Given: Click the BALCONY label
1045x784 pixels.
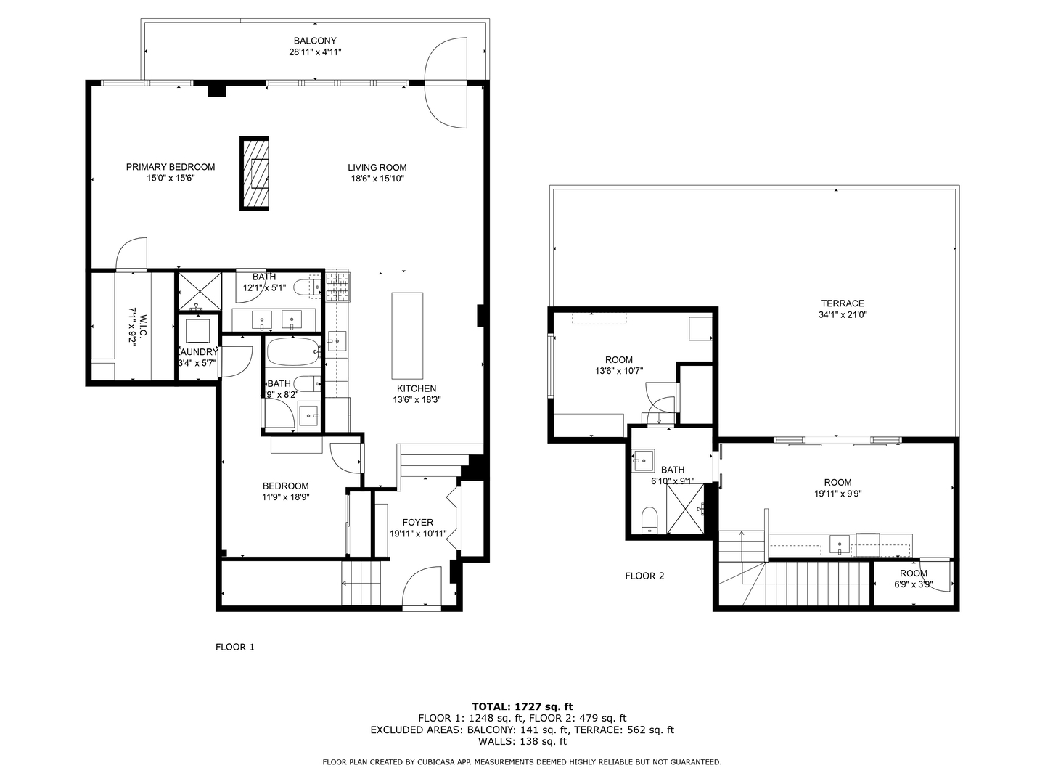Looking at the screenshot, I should pyautogui.click(x=315, y=41).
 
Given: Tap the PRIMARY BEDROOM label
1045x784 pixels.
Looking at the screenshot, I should pyautogui.click(x=171, y=167).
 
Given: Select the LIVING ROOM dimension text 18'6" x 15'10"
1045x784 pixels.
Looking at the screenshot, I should pyautogui.click(x=377, y=179).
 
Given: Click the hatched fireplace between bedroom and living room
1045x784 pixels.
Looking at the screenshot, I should pyautogui.click(x=254, y=173).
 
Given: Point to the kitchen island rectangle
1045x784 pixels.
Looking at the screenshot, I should pyautogui.click(x=407, y=332).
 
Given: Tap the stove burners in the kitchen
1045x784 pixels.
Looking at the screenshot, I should pyautogui.click(x=337, y=286).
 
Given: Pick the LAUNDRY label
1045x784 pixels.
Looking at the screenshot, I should pyautogui.click(x=197, y=352).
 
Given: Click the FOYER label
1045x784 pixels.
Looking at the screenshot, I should pyautogui.click(x=417, y=522).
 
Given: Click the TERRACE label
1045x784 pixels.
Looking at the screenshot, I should pyautogui.click(x=843, y=303).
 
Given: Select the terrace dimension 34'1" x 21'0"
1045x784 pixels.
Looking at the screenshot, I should pyautogui.click(x=843, y=315).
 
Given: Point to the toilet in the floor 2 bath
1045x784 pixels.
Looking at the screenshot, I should pyautogui.click(x=649, y=520).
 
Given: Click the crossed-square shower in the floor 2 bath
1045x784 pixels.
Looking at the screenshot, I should pyautogui.click(x=685, y=509).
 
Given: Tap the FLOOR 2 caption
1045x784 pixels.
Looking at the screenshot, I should pyautogui.click(x=644, y=576).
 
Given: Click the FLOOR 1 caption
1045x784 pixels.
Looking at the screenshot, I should pyautogui.click(x=235, y=647).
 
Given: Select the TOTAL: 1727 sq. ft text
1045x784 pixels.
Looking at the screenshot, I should pyautogui.click(x=522, y=706).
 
